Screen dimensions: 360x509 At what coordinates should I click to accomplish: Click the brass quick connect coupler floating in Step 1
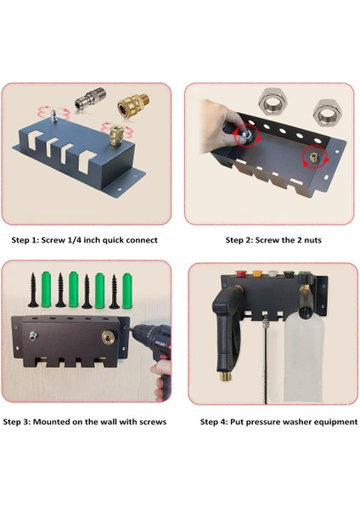[133, 106]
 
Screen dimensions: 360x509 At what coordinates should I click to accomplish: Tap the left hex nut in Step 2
[273, 103]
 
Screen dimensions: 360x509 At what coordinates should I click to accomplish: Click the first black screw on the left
[33, 290]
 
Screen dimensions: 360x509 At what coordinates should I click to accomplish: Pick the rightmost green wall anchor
[127, 290]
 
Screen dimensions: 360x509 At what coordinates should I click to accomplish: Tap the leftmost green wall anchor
[47, 289]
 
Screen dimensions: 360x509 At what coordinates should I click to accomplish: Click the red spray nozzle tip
[241, 273]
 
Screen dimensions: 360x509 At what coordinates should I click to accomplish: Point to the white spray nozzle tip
[272, 274]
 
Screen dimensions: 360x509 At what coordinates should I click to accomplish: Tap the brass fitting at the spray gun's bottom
[224, 377]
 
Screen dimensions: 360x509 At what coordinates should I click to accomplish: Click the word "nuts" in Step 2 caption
[312, 240]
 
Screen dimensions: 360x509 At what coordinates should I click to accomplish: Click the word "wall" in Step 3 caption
[109, 422]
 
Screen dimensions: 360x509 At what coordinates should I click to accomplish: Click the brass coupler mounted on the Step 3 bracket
[108, 338]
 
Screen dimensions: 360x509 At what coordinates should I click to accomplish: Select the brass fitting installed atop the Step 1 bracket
[114, 136]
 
